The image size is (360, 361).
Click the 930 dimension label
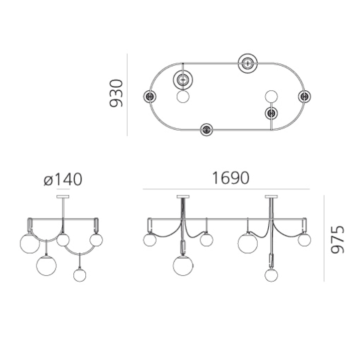[116, 93]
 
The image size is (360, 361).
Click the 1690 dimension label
[230, 178]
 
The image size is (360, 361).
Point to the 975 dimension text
[338, 239]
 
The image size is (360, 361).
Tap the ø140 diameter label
[63, 180]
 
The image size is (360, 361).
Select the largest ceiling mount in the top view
[248, 63]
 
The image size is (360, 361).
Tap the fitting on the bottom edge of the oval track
[206, 130]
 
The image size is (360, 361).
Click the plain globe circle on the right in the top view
[271, 96]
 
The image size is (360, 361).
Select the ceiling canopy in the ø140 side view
[63, 198]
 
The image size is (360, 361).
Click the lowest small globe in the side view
[79, 275]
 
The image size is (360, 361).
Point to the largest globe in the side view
[46, 265]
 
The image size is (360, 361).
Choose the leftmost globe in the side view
[29, 243]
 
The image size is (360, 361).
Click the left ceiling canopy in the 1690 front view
[183, 196]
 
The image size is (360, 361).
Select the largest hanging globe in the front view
[183, 265]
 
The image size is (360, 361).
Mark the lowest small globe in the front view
[271, 275]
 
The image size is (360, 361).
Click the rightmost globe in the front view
[304, 240]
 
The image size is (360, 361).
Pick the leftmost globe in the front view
[150, 240]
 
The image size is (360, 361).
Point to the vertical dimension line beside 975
[324, 238]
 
